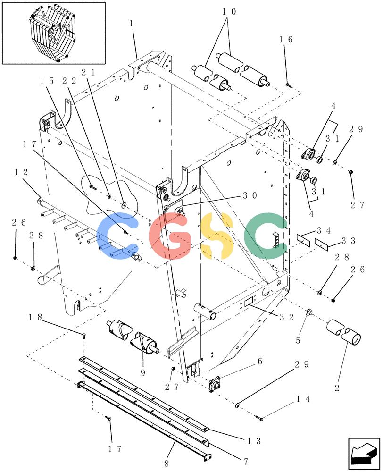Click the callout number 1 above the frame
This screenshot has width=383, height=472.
point(132,24)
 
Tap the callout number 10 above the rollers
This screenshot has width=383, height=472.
point(229,12)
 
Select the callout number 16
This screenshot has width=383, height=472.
point(286,40)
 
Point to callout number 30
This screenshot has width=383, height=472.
point(250,196)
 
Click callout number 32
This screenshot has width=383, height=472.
point(286,317)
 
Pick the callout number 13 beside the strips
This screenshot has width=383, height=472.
point(254,441)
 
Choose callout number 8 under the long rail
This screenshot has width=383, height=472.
point(167,463)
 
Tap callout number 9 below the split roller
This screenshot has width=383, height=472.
point(142,373)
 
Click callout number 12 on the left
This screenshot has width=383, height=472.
point(21,172)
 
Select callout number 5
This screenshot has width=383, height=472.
point(298,340)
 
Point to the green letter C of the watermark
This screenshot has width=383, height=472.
point(266,236)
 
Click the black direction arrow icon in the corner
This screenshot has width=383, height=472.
point(364,453)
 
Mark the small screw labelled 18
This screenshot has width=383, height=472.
point(83,335)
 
